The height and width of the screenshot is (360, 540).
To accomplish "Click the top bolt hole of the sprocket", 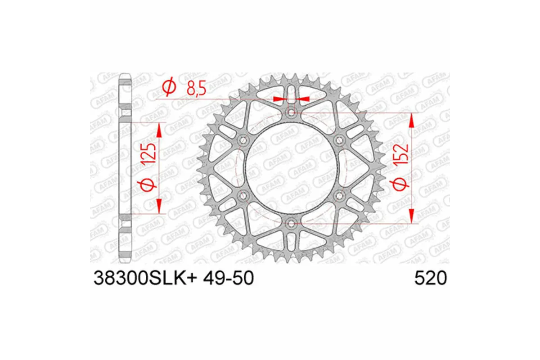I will pyautogui.click(x=292, y=112).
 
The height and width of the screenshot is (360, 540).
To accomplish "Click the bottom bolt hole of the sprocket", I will pyautogui.click(x=292, y=223).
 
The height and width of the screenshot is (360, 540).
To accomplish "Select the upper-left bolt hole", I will pyautogui.click(x=244, y=140).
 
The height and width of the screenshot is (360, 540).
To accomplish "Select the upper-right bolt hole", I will pyautogui.click(x=339, y=140).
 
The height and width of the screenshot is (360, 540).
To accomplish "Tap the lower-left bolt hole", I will pyautogui.click(x=244, y=195).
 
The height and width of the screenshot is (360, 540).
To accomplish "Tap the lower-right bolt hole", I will pyautogui.click(x=339, y=195).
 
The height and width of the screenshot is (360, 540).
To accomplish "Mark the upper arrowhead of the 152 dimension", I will pyautogui.click(x=411, y=121).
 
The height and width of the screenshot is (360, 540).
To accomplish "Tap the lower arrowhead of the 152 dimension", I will pyautogui.click(x=411, y=215).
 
